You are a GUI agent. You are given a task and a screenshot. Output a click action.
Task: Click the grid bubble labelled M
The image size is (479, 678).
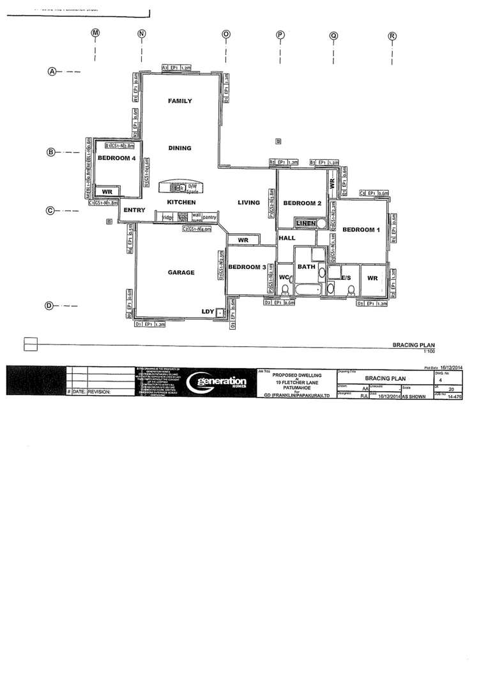[x=95, y=33]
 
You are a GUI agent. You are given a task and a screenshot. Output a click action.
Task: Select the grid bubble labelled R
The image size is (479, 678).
[x=392, y=36]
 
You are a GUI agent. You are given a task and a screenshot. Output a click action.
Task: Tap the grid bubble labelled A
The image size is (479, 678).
[x=53, y=72]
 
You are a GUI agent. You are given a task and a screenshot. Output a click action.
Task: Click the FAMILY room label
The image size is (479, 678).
[x=179, y=101]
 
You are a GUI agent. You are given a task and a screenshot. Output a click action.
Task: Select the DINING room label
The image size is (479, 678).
[x=179, y=148]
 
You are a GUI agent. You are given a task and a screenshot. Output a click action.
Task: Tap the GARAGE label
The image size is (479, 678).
[x=181, y=272]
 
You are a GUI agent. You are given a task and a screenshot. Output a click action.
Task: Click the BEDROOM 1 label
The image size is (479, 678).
[x=360, y=229]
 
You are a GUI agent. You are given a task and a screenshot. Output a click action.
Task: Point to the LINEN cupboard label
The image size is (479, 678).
[x=307, y=223]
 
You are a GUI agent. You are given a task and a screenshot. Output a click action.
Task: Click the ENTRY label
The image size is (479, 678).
[x=135, y=210]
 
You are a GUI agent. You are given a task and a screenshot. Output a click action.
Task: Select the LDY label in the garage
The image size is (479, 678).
[x=207, y=311]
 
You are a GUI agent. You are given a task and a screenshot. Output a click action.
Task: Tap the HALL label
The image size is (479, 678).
[x=285, y=238]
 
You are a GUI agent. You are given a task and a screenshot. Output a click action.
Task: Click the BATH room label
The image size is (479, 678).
[x=307, y=267]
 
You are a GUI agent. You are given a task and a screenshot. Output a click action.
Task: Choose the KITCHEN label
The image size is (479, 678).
[x=180, y=202]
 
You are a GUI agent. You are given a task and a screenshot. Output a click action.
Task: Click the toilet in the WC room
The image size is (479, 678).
[x=285, y=289]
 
